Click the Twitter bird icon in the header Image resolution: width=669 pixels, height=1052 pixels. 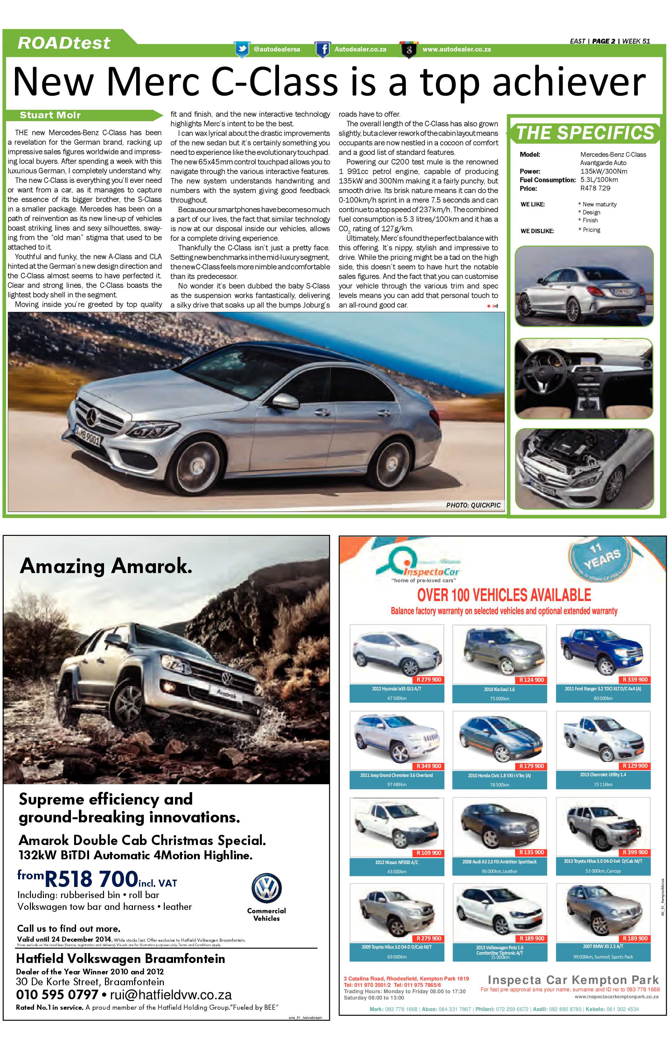[x=242, y=49]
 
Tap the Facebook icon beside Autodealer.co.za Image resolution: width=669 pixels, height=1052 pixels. [x=323, y=49]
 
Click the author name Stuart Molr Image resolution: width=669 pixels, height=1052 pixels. [x=50, y=115]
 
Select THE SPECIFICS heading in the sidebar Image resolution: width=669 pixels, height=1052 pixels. [x=585, y=133]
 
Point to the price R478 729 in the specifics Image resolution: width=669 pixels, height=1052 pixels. [x=595, y=188]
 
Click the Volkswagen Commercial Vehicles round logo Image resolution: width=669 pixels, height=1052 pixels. [x=266, y=888]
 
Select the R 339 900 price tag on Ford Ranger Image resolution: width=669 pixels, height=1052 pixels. [x=636, y=680]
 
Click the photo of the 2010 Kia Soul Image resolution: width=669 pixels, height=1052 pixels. [x=499, y=653]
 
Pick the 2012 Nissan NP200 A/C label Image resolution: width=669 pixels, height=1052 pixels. [x=397, y=862]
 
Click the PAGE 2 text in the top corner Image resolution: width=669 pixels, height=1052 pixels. [x=603, y=41]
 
